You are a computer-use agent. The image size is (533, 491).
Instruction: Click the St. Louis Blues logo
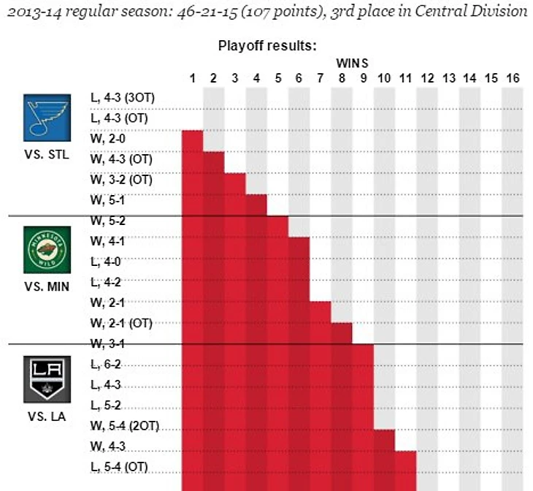tap(47, 118)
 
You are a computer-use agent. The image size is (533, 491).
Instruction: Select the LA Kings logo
tap(47, 379)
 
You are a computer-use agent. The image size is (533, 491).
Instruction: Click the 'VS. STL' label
tap(47, 156)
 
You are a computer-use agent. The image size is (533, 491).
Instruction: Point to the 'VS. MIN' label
tap(47, 286)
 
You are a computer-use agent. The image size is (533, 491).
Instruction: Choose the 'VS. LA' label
tap(47, 417)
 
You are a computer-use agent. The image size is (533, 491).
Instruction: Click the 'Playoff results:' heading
tap(266, 45)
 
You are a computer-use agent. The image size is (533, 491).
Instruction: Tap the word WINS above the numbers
tap(353, 63)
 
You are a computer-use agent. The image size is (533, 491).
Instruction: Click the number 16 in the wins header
tap(512, 78)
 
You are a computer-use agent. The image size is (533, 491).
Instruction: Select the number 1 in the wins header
tap(192, 78)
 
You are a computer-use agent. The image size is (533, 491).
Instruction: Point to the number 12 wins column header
tap(427, 78)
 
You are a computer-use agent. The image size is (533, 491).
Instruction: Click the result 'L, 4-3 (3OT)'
tap(122, 97)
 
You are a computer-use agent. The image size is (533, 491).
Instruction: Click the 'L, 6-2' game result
tap(105, 364)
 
